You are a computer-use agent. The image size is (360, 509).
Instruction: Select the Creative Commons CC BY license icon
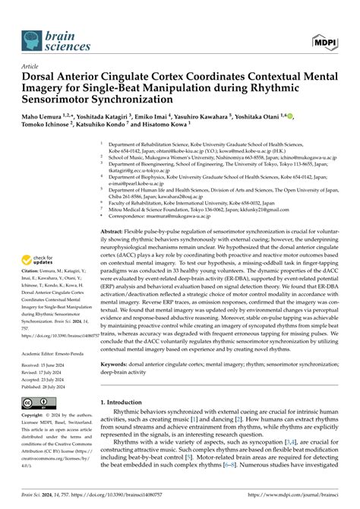click(x=33, y=403)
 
